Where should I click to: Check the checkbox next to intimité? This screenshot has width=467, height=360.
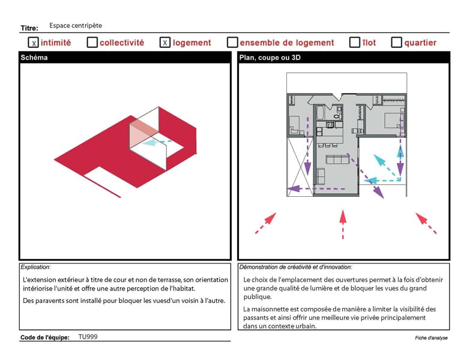point(34,43)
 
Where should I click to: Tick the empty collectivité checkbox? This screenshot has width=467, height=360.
point(92,42)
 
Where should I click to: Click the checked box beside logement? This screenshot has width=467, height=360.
point(164,43)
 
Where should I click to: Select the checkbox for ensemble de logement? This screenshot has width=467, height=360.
point(232,42)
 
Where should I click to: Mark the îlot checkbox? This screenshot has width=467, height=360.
point(354,42)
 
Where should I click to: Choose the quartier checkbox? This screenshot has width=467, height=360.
point(396,42)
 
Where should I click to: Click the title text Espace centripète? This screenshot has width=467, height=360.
point(76,26)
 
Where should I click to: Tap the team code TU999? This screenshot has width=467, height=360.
point(88,337)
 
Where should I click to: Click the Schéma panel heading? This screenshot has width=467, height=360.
point(34,58)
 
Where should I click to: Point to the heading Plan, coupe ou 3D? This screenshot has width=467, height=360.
point(270,58)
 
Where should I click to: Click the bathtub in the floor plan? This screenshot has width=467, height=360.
point(321,113)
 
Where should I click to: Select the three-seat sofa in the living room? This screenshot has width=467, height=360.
point(337,160)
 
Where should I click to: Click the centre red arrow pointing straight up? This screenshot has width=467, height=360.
point(343,224)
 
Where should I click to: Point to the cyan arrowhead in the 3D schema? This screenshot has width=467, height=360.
point(149,143)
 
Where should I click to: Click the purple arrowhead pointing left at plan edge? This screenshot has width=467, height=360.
point(294,188)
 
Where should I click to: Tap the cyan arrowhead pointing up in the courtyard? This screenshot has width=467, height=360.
point(400,151)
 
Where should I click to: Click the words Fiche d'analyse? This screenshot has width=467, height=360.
point(431,338)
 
